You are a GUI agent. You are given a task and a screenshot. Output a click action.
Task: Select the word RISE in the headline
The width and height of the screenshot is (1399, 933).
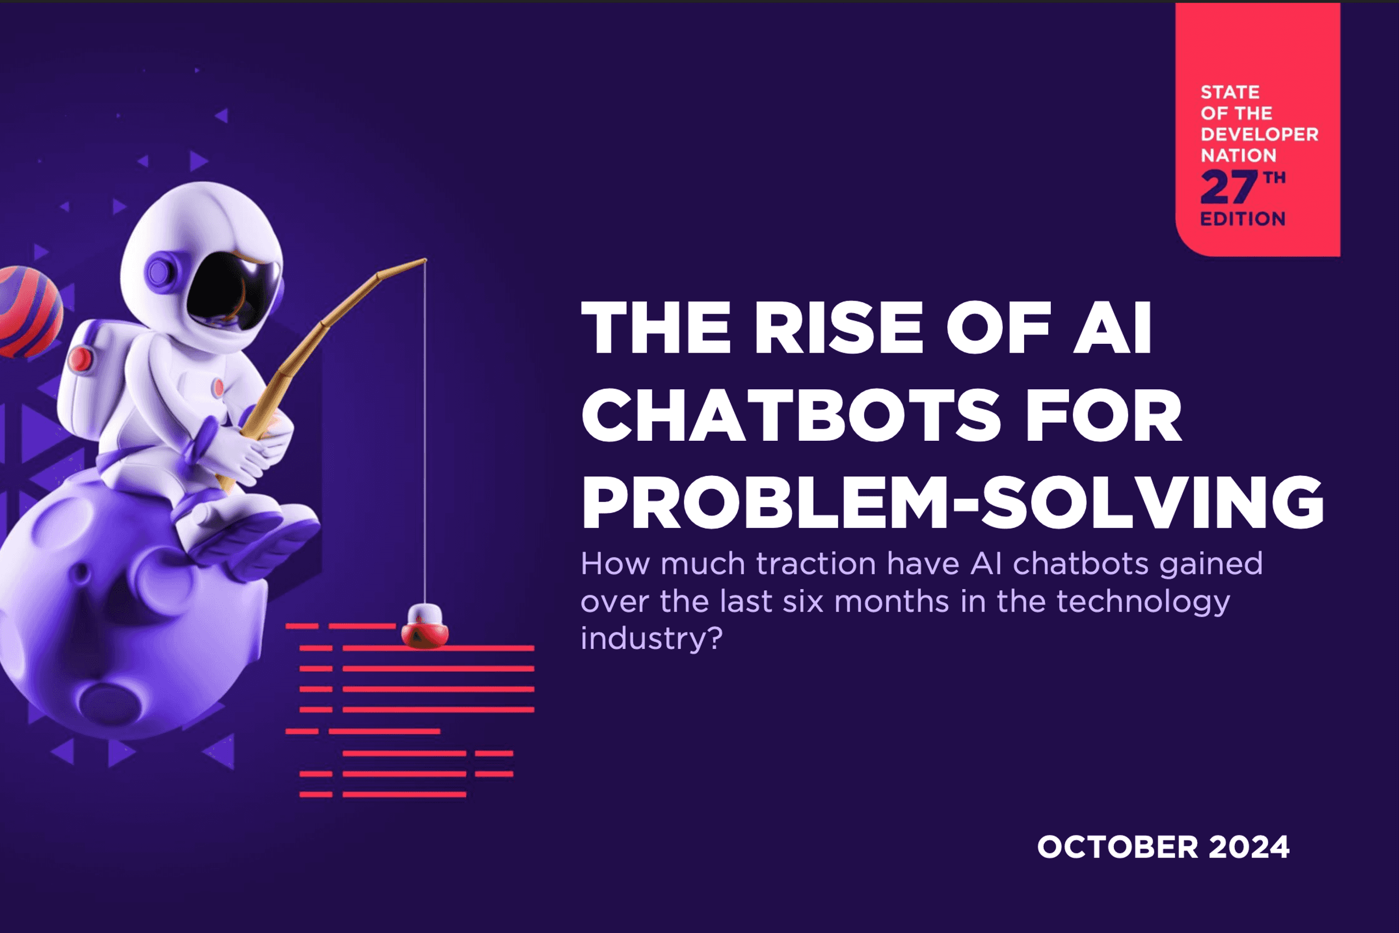[839, 328]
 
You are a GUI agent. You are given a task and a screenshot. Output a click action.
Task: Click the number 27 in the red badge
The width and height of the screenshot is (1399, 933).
[1228, 187]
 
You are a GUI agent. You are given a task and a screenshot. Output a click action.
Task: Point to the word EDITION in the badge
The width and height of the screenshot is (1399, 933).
[1242, 219]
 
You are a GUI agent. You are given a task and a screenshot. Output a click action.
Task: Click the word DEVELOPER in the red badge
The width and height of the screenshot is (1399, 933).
[1259, 135]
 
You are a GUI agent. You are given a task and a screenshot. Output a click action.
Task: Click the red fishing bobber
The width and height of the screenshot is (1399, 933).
[425, 626]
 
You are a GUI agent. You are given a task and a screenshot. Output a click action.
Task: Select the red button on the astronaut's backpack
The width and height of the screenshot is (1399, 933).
[80, 359]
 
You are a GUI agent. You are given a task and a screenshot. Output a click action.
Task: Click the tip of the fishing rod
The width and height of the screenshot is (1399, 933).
[425, 260]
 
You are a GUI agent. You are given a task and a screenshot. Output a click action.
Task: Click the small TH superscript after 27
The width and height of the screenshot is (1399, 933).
[1274, 177]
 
